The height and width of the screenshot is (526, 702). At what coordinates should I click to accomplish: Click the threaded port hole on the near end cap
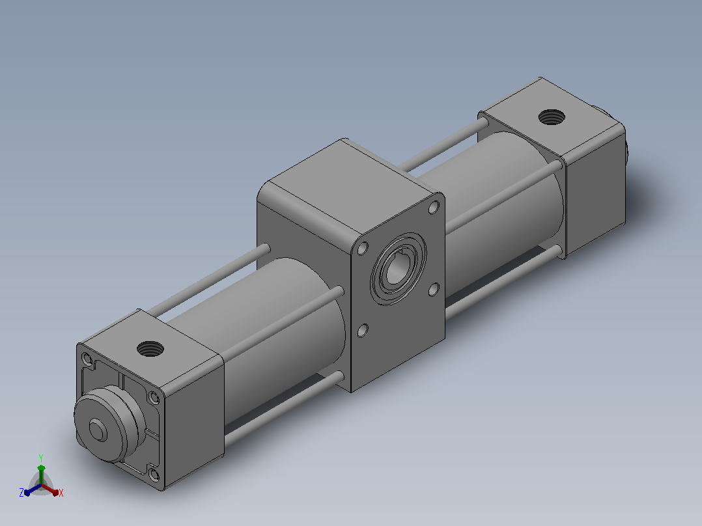click(150, 348)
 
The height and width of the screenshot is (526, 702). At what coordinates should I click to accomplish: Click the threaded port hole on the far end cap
click(551, 117)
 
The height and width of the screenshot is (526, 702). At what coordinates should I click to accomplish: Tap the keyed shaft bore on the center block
click(397, 270)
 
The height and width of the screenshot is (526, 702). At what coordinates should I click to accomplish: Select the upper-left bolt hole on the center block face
click(363, 249)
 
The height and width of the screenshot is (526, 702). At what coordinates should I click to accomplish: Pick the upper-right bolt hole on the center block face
click(434, 207)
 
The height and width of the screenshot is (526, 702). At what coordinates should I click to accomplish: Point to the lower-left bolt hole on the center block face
click(363, 331)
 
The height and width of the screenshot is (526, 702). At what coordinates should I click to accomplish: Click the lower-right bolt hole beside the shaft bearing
click(434, 290)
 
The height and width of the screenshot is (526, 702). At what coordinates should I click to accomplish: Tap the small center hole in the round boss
click(98, 430)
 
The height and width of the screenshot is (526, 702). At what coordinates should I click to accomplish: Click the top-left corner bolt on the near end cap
click(87, 359)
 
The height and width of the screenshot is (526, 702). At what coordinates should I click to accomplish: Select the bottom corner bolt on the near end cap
click(154, 475)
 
